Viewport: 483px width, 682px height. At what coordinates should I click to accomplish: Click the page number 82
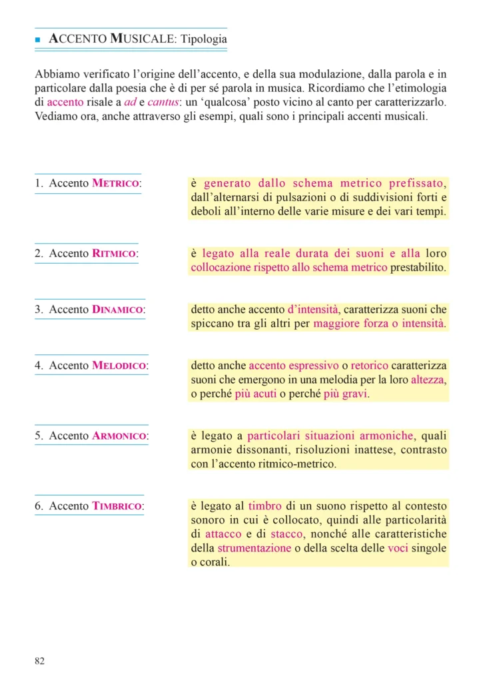39,661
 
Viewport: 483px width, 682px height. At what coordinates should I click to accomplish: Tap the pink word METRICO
115,183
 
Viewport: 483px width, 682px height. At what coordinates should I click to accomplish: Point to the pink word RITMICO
114,253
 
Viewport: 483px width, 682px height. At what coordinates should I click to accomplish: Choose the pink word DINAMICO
118,310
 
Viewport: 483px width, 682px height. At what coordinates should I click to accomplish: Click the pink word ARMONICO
119,436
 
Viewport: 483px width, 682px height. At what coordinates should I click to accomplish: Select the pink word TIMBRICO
117,506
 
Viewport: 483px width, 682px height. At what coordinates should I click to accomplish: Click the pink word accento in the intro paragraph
65,103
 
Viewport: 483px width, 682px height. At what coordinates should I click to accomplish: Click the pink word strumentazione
254,548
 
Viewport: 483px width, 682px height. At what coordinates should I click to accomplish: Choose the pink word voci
399,548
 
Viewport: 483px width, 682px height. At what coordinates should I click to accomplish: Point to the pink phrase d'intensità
312,310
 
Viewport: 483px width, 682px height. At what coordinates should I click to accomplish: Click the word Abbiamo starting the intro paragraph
56,74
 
